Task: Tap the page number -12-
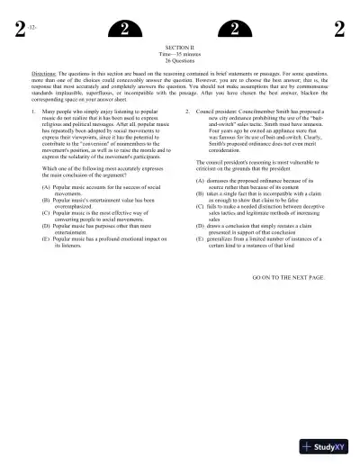tap(33, 30)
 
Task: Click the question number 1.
tap(32, 112)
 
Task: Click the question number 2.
tap(187, 112)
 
